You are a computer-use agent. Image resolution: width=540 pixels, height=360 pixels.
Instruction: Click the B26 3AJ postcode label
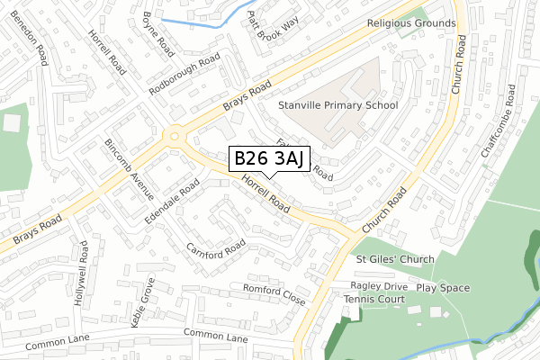tap(271, 159)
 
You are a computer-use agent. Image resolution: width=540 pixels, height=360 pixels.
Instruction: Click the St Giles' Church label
tap(394, 259)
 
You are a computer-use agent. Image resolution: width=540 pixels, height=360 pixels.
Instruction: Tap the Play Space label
tap(443, 288)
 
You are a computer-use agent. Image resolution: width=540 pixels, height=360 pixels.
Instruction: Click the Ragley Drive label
tap(379, 285)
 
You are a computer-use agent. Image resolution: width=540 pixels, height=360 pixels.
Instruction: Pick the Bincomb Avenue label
tap(130, 169)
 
